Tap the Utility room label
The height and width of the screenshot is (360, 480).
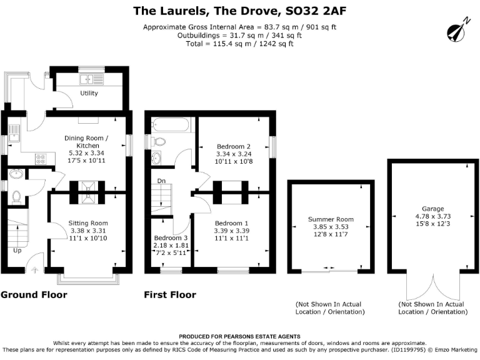pyautogui.click(x=89, y=93)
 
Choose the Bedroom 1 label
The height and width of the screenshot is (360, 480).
pyautogui.click(x=232, y=223)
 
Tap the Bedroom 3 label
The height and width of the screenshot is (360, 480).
pyautogui.click(x=170, y=238)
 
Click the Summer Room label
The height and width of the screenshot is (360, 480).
pyautogui.click(x=331, y=219)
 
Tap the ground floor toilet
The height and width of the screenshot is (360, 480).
pyautogui.click(x=16, y=196)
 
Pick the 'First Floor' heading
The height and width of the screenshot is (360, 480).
pyautogui.click(x=170, y=294)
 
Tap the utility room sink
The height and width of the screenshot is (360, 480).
pyautogui.click(x=91, y=79)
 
